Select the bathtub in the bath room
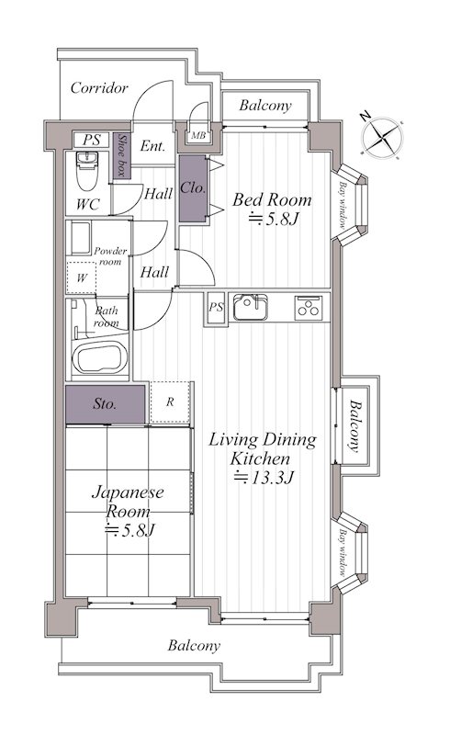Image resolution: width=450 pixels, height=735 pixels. point(102,358)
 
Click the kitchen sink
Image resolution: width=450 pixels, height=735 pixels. point(251,307)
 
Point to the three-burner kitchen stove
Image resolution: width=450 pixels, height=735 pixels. point(308,308)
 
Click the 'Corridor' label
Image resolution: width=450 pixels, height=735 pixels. point(99,87)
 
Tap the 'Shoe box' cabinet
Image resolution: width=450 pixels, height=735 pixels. point(121,155)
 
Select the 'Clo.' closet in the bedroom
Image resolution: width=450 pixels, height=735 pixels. point(193,188)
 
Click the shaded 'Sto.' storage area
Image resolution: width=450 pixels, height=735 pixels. point(105,404)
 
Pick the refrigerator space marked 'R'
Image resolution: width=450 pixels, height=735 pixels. point(170,402)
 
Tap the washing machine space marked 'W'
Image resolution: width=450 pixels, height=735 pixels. point(81,277)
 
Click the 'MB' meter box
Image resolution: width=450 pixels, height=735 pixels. point(198,136)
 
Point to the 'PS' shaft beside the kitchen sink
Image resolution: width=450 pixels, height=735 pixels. point(216,308)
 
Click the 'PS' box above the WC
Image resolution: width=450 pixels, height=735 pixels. point(92,140)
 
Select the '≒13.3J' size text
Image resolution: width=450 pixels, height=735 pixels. point(264,478)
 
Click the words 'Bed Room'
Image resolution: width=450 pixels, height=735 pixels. point(272,200)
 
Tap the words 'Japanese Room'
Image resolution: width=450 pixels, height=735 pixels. point(128,502)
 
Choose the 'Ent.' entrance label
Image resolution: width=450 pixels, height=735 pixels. point(152,146)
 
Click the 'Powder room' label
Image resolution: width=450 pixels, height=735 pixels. point(110,256)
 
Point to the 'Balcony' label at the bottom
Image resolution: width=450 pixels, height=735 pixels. point(194,646)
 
